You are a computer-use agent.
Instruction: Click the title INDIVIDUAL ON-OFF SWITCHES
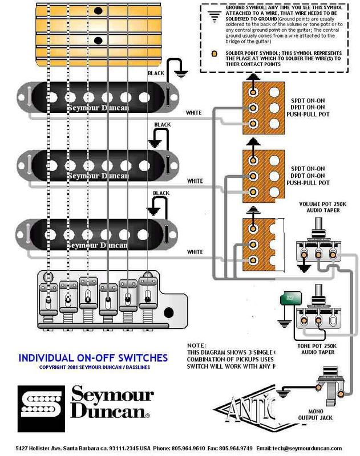[x=93, y=358]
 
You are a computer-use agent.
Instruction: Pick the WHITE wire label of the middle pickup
[x=195, y=181]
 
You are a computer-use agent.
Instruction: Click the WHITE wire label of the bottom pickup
[x=195, y=251]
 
